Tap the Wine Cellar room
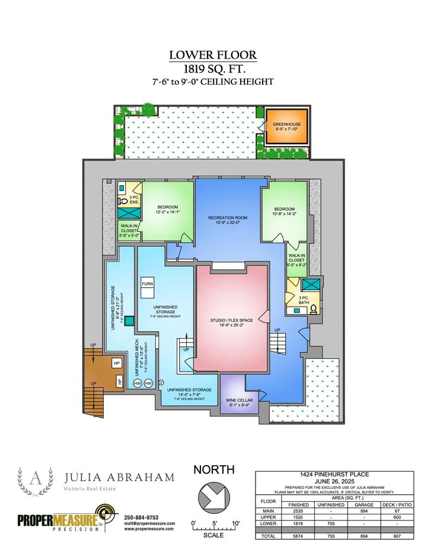238,403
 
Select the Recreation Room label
228,218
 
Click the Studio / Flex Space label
231,320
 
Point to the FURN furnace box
147,284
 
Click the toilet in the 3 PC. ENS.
121,201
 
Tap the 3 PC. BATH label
304,301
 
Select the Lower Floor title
213,55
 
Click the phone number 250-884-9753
141,517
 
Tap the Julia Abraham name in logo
119,477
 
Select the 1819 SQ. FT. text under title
213,69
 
